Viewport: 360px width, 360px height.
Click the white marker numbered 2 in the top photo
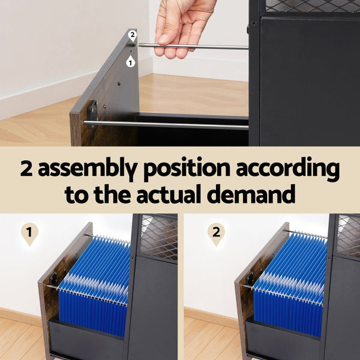pos(133,36)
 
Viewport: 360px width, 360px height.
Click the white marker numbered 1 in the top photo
pos(130,61)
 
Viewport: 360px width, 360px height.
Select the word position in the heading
pos(187,169)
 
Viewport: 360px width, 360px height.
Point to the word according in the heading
pos(288,169)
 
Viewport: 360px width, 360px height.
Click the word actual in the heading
pos(169,194)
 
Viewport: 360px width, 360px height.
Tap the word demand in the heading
pos(251,194)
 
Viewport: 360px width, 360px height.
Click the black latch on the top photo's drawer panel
pos(92,112)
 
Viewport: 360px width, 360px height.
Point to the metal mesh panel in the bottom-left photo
pos(158,237)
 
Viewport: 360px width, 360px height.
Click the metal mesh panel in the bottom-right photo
pos(348,236)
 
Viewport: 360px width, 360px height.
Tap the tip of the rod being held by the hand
pos(139,45)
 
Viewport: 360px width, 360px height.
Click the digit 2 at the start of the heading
pos(26,168)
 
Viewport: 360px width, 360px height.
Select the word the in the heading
pos(112,194)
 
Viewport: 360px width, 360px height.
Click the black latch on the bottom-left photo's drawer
pos(53,279)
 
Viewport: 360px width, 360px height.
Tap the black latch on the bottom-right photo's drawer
pos(250,278)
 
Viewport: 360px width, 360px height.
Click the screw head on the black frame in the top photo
pos(254,23)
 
